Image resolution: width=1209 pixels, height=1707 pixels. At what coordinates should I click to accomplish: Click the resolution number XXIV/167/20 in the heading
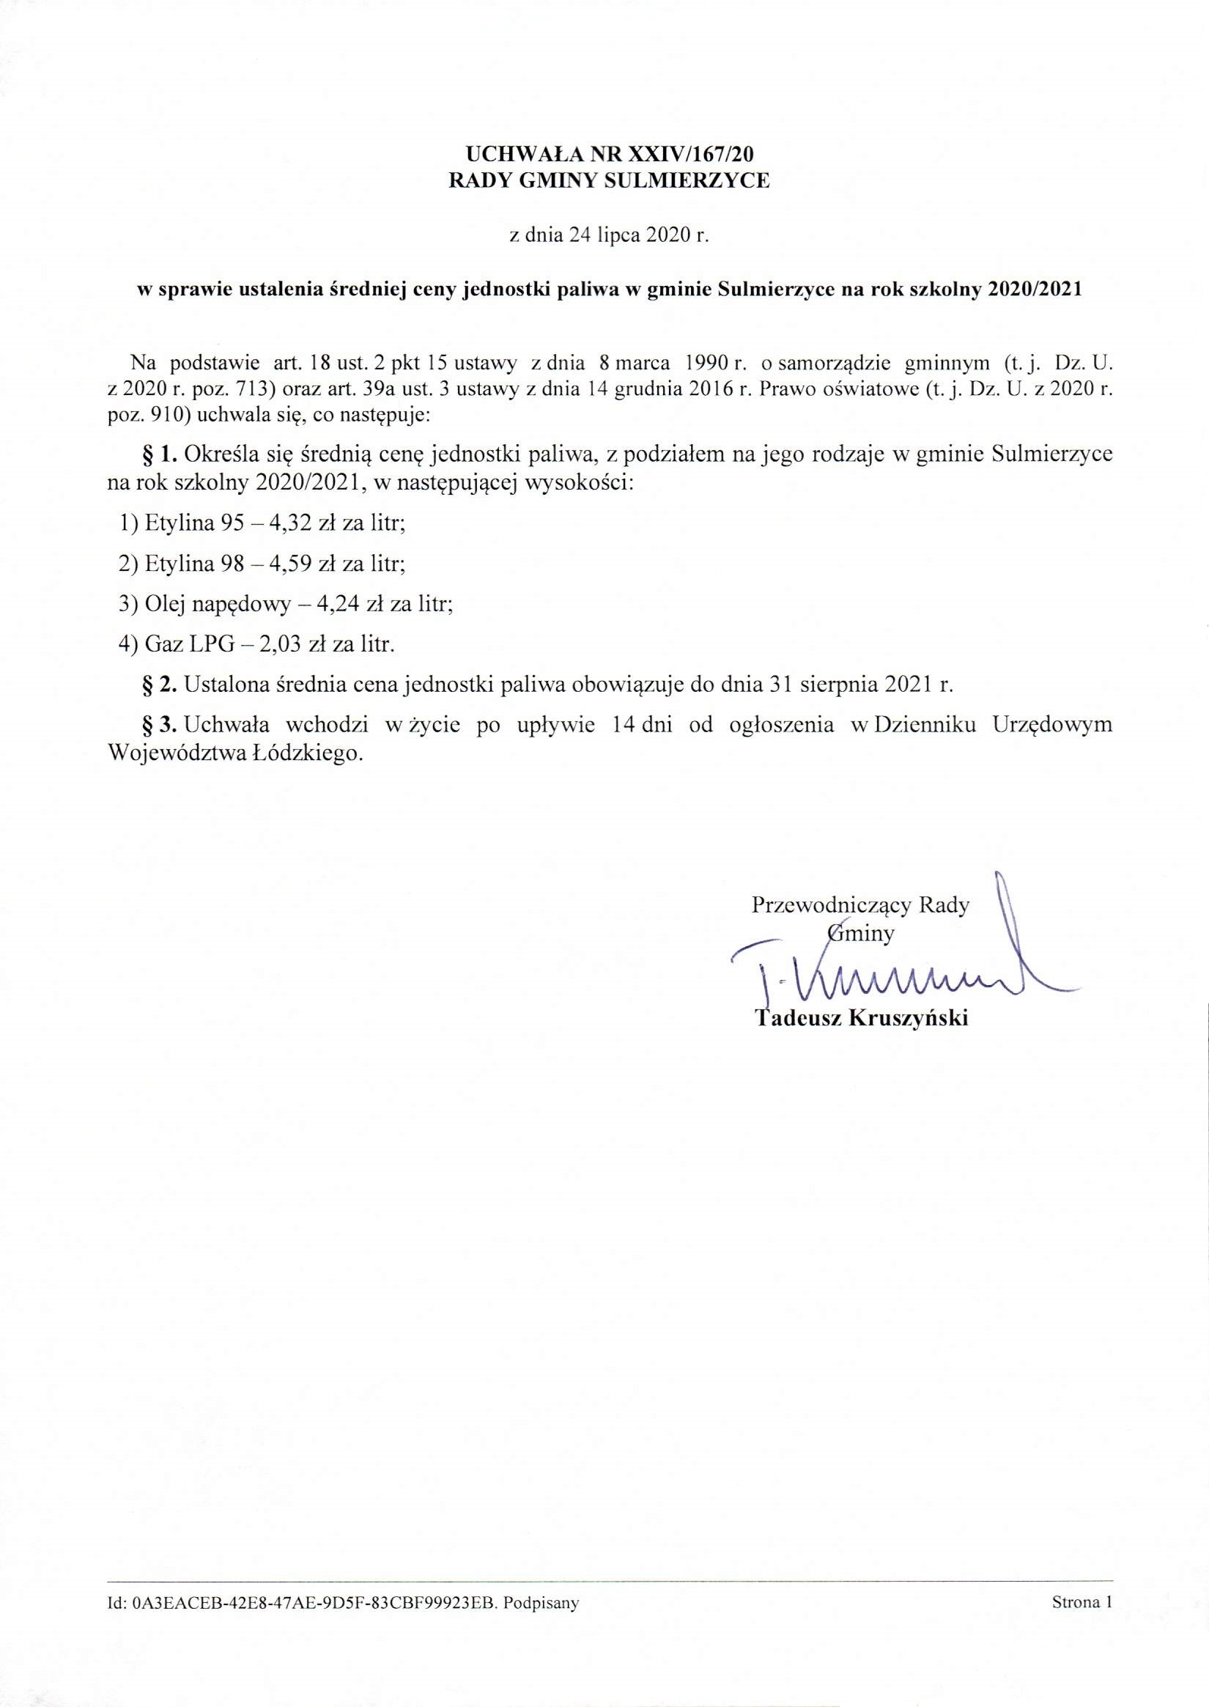point(692,154)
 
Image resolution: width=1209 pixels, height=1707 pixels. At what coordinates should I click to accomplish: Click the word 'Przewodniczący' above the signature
point(832,906)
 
